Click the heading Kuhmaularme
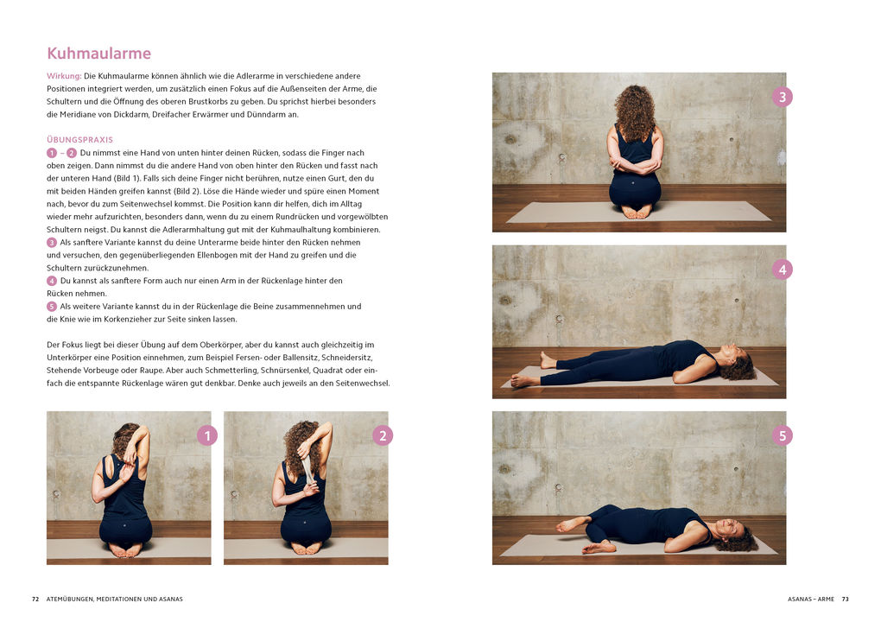pyautogui.click(x=98, y=54)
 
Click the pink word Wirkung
pyautogui.click(x=63, y=76)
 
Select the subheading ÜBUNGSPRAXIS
pyautogui.click(x=79, y=139)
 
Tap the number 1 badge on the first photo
pyautogui.click(x=206, y=435)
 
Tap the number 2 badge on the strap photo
pyautogui.click(x=383, y=435)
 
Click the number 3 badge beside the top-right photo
pyautogui.click(x=783, y=97)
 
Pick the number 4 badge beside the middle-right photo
pyautogui.click(x=783, y=270)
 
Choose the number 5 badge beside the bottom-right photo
pyautogui.click(x=783, y=435)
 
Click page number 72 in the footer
pyautogui.click(x=35, y=599)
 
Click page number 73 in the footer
pyautogui.click(x=846, y=599)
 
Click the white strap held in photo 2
pyautogui.click(x=307, y=467)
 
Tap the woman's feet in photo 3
pyautogui.click(x=637, y=211)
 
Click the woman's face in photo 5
pyautogui.click(x=727, y=527)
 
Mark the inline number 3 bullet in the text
pyautogui.click(x=52, y=243)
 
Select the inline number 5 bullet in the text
pyautogui.click(x=52, y=307)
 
